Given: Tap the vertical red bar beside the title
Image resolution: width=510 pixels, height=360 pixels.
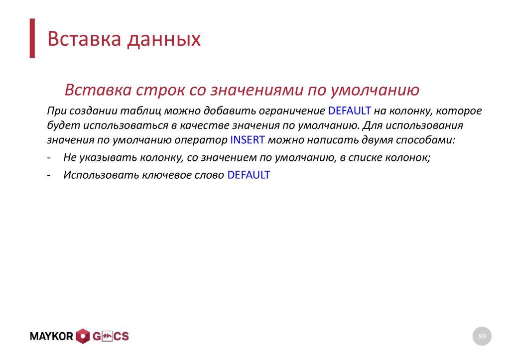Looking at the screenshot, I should point(32,38).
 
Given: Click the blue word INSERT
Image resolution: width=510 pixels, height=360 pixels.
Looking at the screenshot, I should point(248,140).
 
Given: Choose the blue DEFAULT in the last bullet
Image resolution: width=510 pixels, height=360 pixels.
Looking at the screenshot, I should point(249,175).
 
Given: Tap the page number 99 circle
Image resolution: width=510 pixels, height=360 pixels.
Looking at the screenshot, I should point(482,337).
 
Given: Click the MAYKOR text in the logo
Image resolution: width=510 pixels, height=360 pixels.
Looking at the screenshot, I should point(52,337).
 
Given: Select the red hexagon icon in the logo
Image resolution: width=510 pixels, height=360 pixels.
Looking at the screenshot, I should point(83,337).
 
